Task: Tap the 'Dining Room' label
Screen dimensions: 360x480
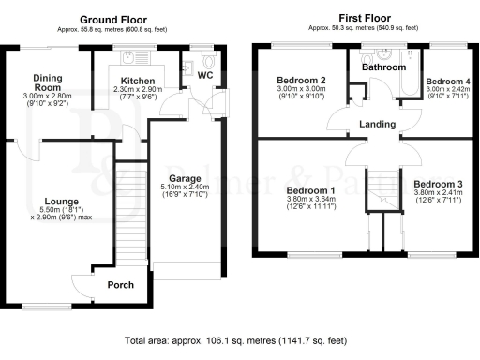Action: [46, 83]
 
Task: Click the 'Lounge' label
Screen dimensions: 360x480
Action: [60, 201]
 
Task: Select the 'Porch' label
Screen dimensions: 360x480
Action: [120, 285]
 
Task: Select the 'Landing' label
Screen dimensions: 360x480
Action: [376, 125]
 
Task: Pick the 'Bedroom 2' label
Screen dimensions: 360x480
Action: [301, 82]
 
